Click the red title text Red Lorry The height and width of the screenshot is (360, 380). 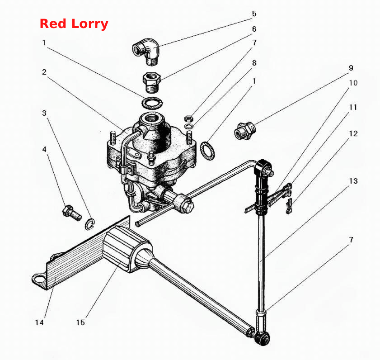click(74, 24)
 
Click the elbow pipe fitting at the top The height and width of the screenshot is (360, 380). click(146, 52)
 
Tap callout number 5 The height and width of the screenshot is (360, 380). click(254, 14)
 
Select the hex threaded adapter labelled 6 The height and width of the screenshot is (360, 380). click(151, 82)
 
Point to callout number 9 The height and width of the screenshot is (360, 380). click(351, 68)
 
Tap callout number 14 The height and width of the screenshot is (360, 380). click(39, 322)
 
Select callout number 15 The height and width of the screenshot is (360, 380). click(80, 322)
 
